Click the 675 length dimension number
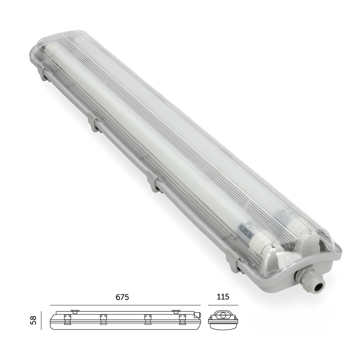122,297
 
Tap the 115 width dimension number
222,297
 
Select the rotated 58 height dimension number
34,320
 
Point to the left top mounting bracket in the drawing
75,311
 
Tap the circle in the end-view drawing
223,316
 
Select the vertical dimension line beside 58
41,320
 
